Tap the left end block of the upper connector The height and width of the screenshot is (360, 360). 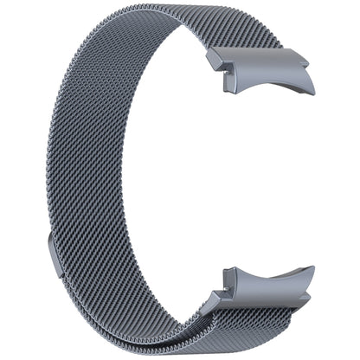point(218,63)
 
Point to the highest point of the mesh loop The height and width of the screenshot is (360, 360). point(130,7)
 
